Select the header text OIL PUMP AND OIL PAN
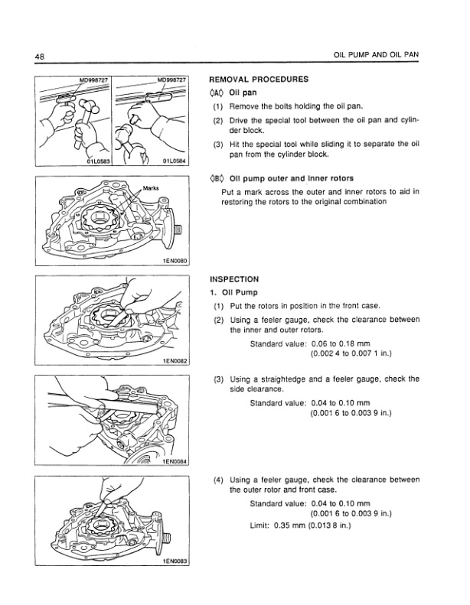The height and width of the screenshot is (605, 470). tap(378, 57)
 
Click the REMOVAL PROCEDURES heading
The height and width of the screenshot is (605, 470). tap(259, 79)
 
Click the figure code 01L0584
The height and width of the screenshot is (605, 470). tap(176, 161)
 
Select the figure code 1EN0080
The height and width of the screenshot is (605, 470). tap(176, 261)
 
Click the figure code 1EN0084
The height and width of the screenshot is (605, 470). tap(176, 461)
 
